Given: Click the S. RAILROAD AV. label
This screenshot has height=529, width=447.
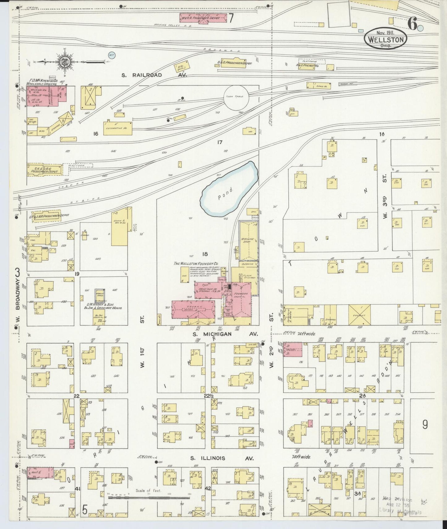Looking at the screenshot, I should [154, 75].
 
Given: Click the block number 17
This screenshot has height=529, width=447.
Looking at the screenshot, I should [220, 142].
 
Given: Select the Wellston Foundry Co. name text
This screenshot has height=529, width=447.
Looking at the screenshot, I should [196, 263].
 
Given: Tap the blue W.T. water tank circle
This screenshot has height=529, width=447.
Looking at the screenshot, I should [111, 55].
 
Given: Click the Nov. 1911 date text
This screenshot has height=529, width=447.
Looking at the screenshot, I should [387, 32].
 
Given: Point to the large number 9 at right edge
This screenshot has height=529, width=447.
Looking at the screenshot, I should [425, 425].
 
